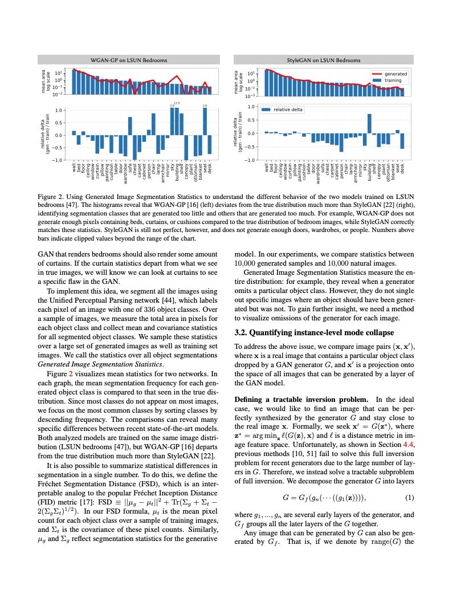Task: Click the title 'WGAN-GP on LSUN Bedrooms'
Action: coord(128,60)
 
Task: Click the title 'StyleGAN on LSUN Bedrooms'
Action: coord(324,60)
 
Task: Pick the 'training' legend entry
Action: coord(387,80)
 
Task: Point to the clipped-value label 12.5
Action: coord(177,103)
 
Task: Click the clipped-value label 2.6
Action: coord(205,105)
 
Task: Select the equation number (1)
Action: coord(409,498)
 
